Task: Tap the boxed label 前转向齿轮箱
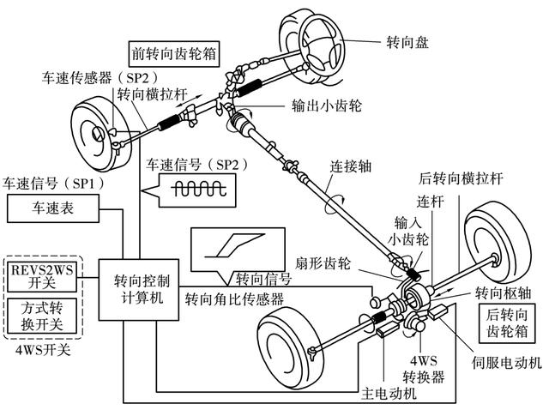tap(172, 51)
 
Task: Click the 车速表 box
tap(52, 208)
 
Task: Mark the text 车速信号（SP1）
tap(45, 184)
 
